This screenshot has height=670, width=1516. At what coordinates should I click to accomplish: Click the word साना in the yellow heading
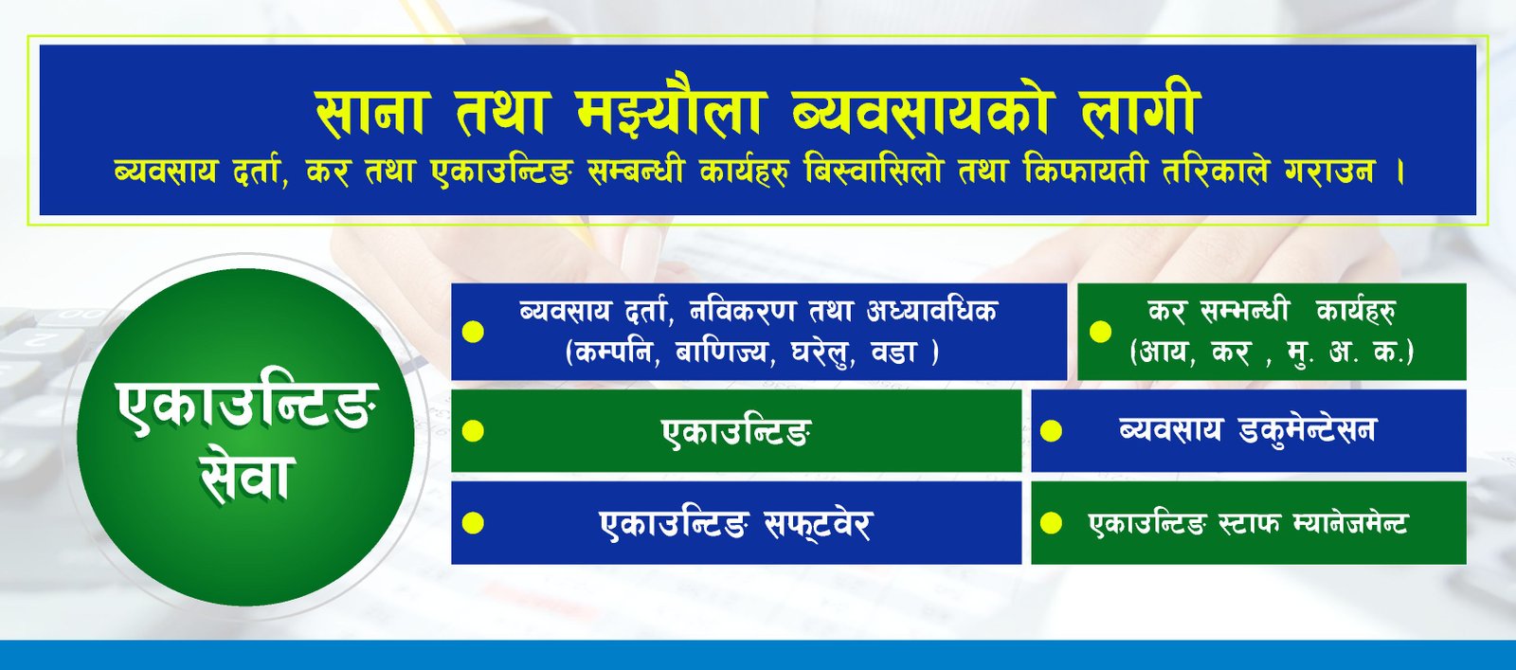tap(370, 113)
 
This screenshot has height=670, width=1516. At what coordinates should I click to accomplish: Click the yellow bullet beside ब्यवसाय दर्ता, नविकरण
tap(473, 332)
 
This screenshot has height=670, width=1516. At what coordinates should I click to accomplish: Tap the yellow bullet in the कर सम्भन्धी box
tap(1100, 332)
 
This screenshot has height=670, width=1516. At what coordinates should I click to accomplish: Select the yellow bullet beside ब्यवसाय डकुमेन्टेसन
tap(1051, 431)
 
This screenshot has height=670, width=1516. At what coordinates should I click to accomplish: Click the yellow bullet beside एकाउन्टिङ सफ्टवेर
tap(473, 523)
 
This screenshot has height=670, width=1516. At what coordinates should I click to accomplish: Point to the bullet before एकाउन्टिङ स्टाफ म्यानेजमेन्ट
tap(1051, 523)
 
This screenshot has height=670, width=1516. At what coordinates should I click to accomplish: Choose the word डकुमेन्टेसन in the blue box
tap(1308, 429)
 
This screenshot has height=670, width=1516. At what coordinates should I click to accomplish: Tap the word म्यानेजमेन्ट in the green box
tap(1349, 524)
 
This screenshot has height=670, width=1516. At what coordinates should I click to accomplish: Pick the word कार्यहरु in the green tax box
tap(1355, 312)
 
